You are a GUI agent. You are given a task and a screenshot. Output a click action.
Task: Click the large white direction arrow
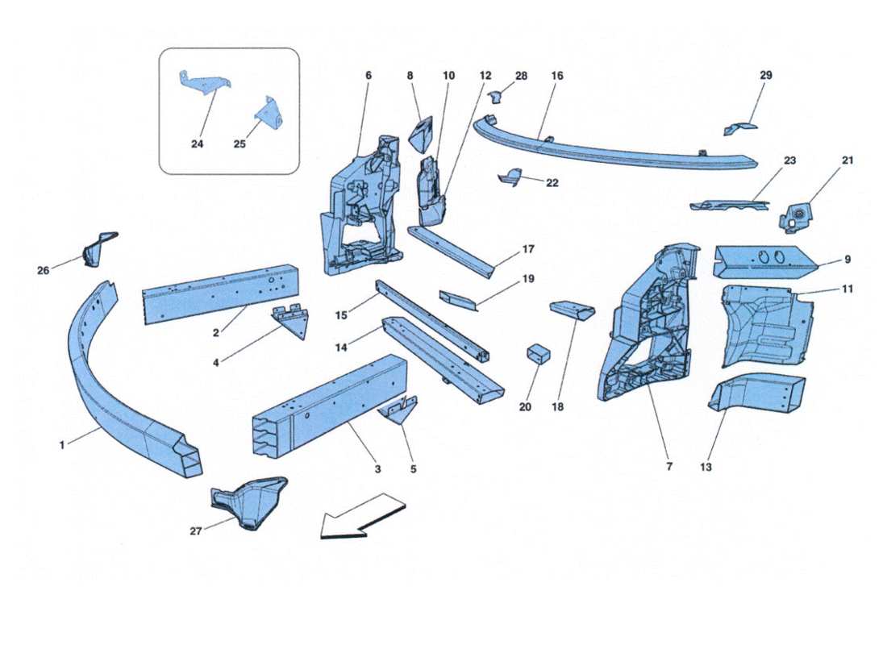(361, 516)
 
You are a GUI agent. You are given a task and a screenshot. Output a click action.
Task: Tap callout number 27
(194, 531)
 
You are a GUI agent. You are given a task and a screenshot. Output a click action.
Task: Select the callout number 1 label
(63, 444)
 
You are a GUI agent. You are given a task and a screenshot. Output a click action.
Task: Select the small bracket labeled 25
(270, 115)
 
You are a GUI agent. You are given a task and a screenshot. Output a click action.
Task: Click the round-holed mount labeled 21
(796, 215)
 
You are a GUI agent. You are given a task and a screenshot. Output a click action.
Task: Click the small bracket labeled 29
(739, 128)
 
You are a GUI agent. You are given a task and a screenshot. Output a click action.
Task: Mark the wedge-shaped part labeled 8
(424, 133)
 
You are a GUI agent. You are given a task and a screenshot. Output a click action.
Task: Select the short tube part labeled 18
(572, 310)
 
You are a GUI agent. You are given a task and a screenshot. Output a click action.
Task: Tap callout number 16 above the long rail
(557, 76)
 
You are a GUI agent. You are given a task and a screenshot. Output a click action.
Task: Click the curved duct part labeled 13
(758, 393)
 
